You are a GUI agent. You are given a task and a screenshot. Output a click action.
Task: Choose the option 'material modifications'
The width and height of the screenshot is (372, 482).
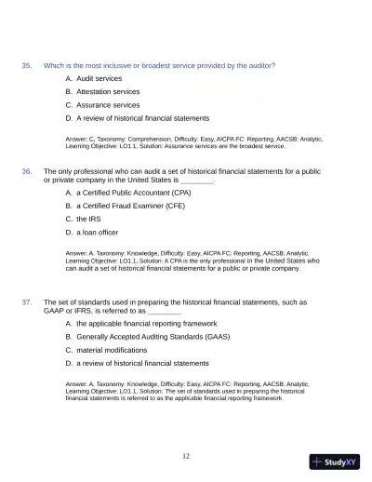tap(111, 350)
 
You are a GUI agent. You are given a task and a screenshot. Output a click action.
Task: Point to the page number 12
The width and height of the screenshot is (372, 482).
tap(186, 456)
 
